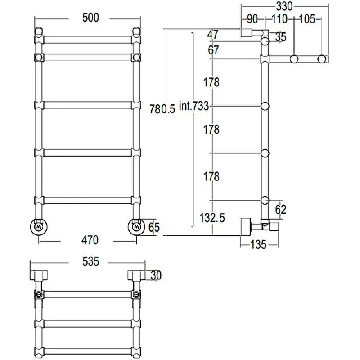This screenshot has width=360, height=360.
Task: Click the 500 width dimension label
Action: coord(91,18)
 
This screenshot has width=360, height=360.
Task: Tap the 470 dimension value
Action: coord(90,240)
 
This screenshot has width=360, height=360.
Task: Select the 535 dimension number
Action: coord(91,261)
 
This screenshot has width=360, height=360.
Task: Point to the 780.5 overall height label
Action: coord(162,109)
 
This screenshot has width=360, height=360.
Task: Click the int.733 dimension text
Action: coord(194,106)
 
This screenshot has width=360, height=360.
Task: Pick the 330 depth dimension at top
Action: coord(284,6)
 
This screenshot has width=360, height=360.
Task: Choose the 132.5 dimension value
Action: coord(212,218)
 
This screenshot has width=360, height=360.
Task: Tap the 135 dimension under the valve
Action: coord(258,245)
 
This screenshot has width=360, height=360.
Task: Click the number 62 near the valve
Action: coord(280,209)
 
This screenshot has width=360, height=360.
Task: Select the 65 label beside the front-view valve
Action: coord(154,227)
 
